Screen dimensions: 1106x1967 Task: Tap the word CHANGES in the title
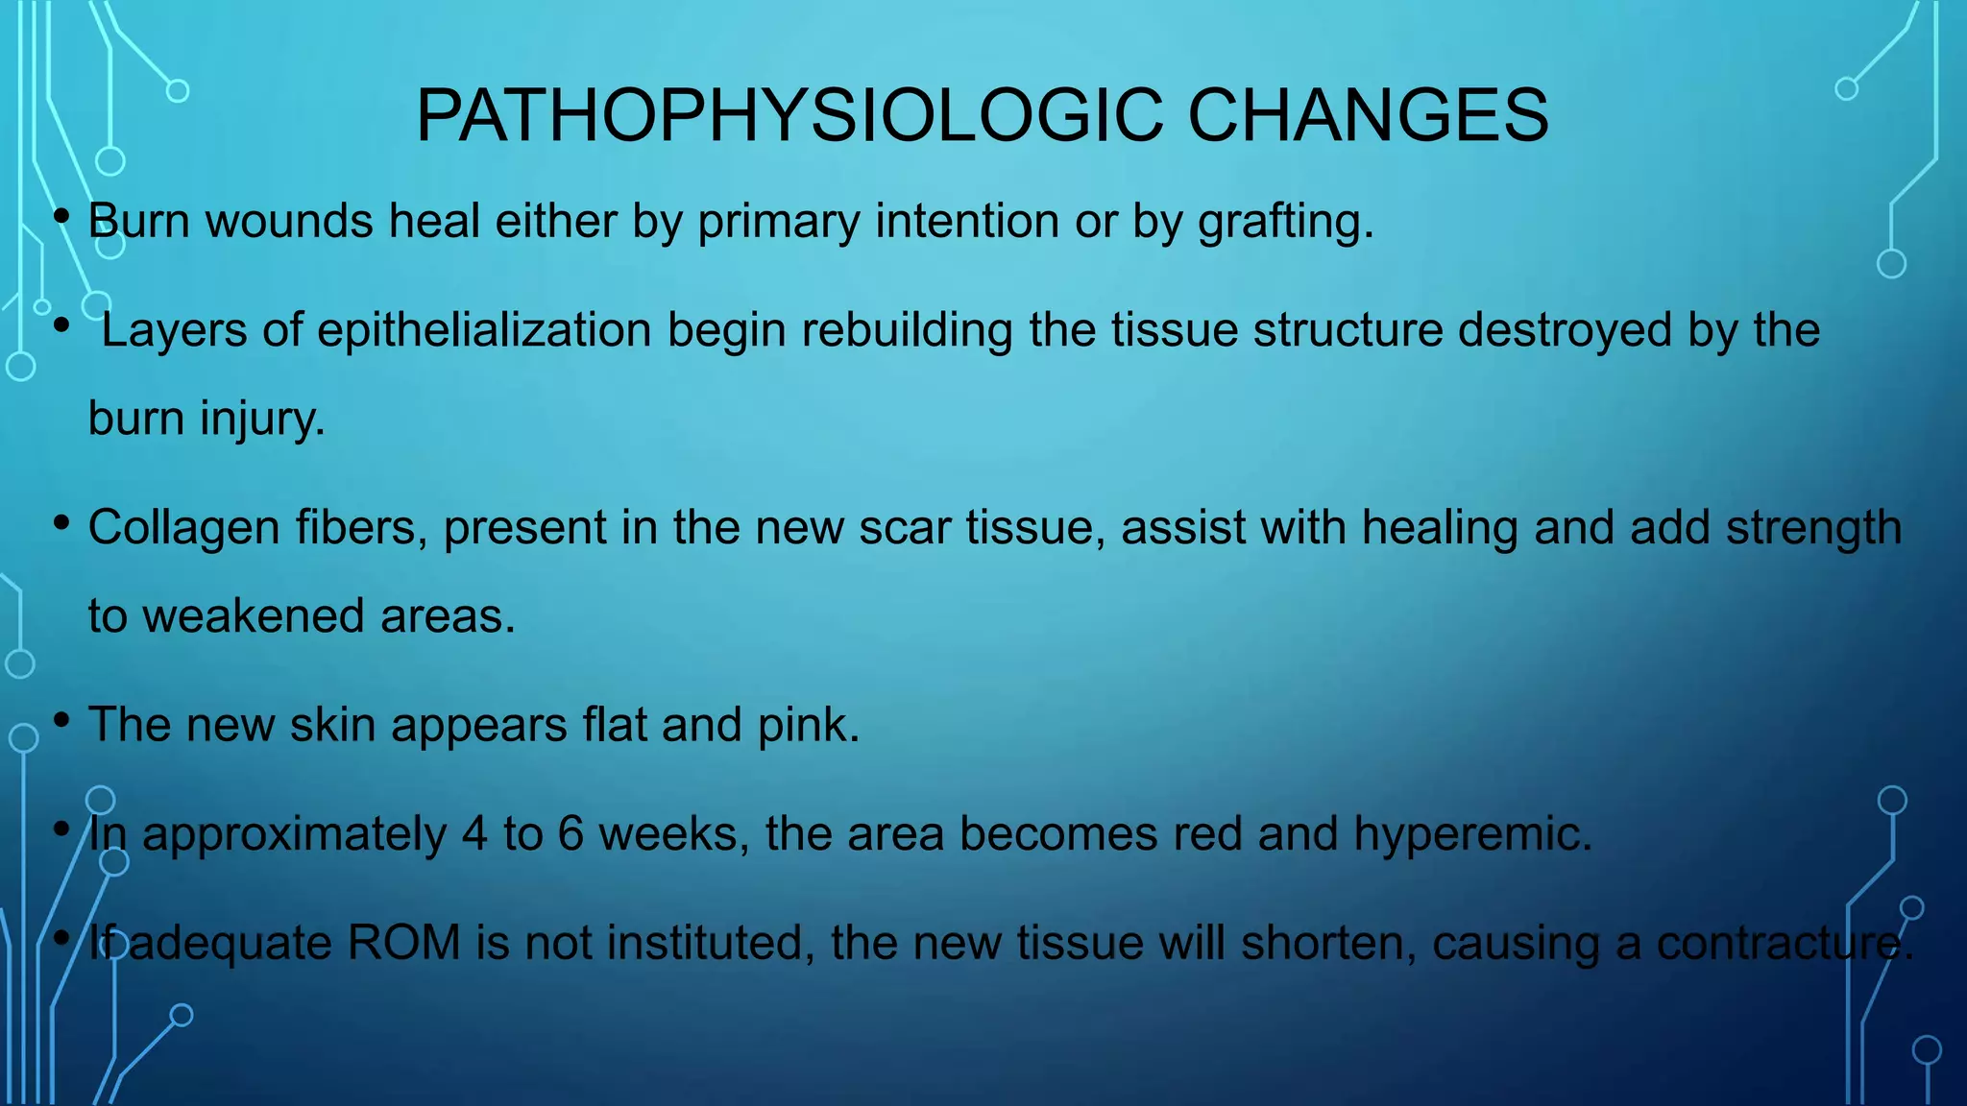[1368, 115]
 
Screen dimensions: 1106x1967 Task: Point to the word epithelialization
[485, 330]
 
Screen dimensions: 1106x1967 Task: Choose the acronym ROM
[403, 943]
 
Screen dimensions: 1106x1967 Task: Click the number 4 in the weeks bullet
[474, 833]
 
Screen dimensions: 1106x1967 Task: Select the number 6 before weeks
[571, 833]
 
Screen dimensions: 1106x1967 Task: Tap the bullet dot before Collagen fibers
[62, 523]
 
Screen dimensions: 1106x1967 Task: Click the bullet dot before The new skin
[62, 720]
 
